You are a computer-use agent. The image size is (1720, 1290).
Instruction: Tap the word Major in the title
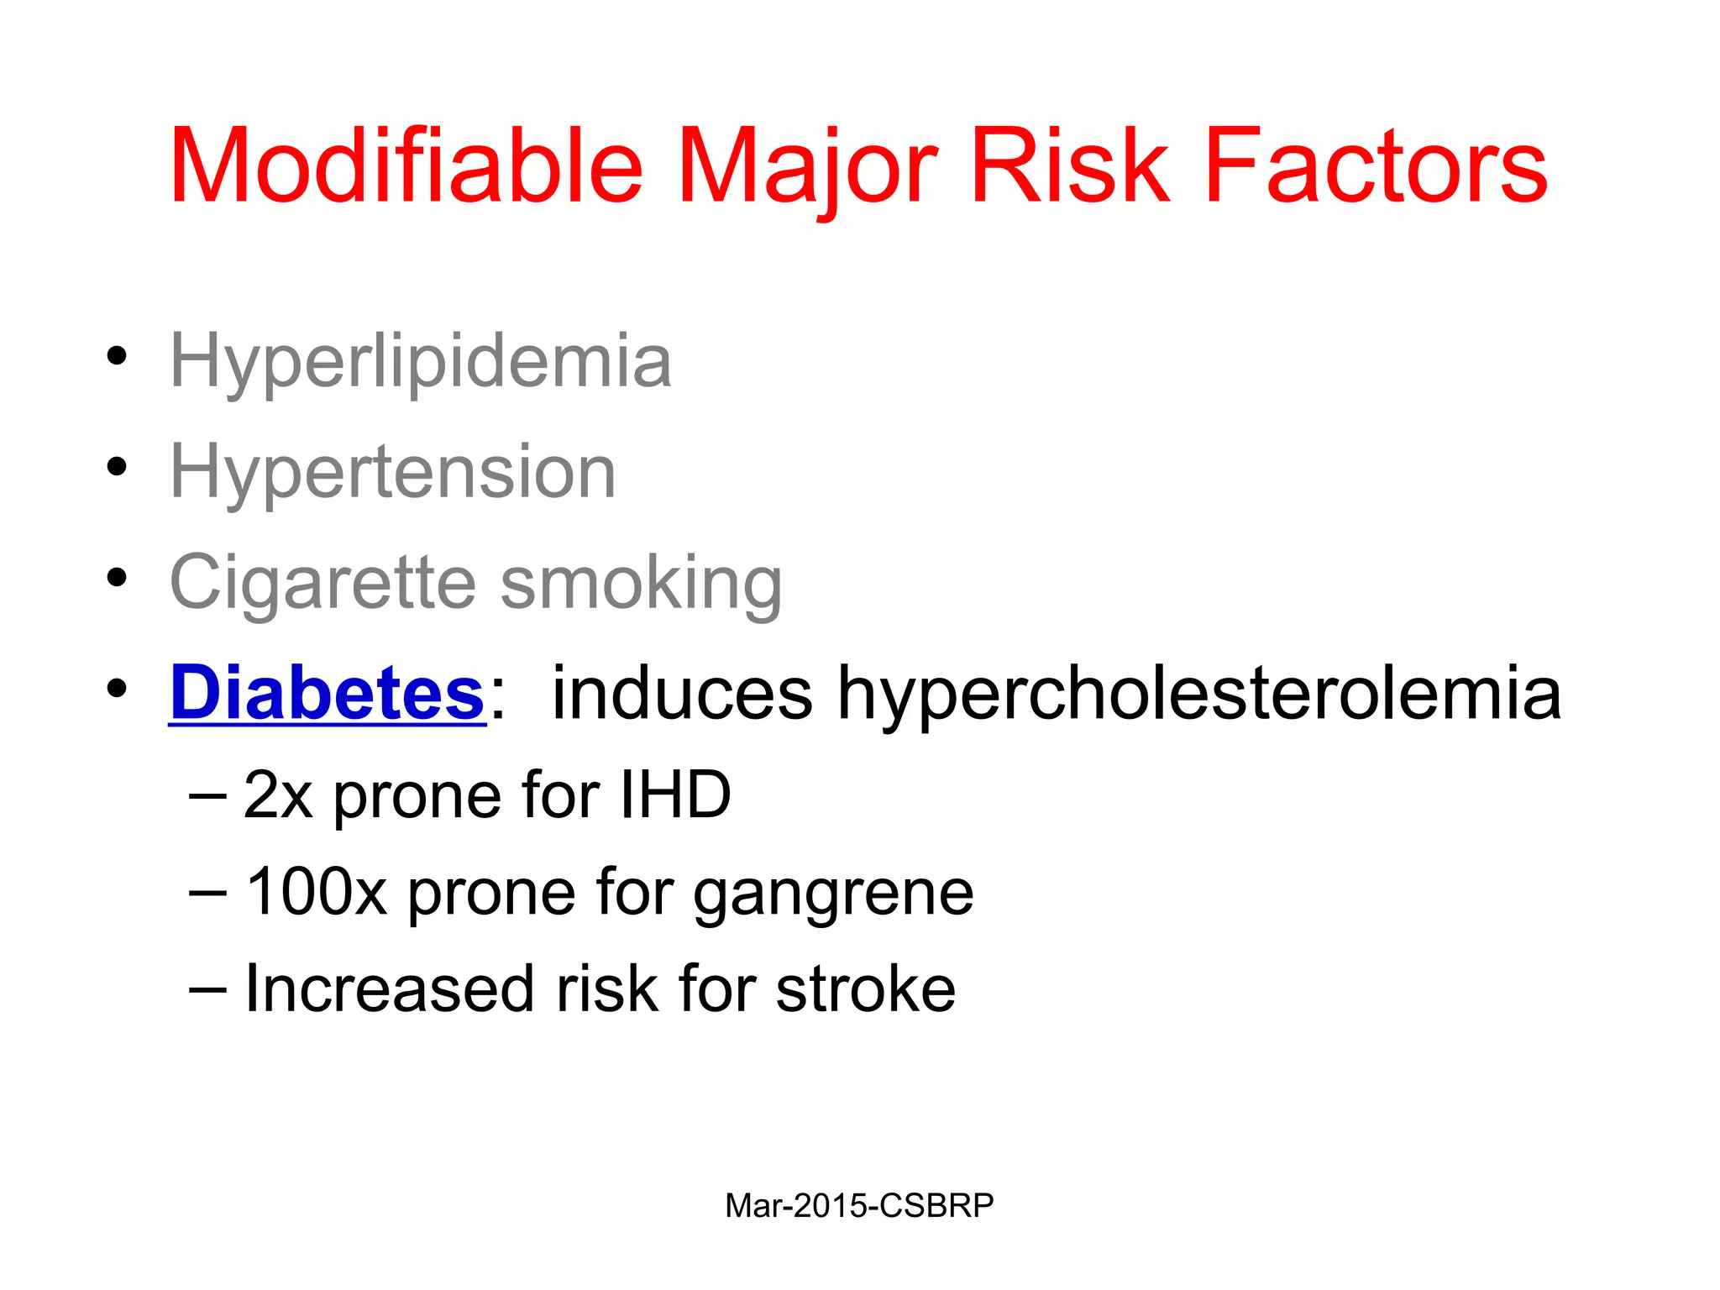[807, 165]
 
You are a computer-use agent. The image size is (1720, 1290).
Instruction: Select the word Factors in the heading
[1376, 165]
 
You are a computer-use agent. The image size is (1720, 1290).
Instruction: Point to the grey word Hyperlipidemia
[421, 361]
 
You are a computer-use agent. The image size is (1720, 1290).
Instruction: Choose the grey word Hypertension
[393, 472]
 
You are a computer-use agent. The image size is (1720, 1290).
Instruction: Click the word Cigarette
[323, 582]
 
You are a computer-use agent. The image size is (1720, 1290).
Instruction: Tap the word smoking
[642, 582]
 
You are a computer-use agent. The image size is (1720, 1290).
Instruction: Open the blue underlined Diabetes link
[328, 693]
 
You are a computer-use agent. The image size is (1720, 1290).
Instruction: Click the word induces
[682, 693]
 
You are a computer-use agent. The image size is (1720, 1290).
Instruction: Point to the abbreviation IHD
[675, 794]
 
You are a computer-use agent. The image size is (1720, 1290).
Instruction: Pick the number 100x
[316, 892]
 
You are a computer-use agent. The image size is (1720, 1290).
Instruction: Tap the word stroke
[866, 989]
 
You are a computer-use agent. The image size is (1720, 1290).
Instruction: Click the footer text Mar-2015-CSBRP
[859, 1206]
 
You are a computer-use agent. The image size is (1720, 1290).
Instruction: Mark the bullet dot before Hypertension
[117, 466]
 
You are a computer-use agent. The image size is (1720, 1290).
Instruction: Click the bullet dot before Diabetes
[117, 688]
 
